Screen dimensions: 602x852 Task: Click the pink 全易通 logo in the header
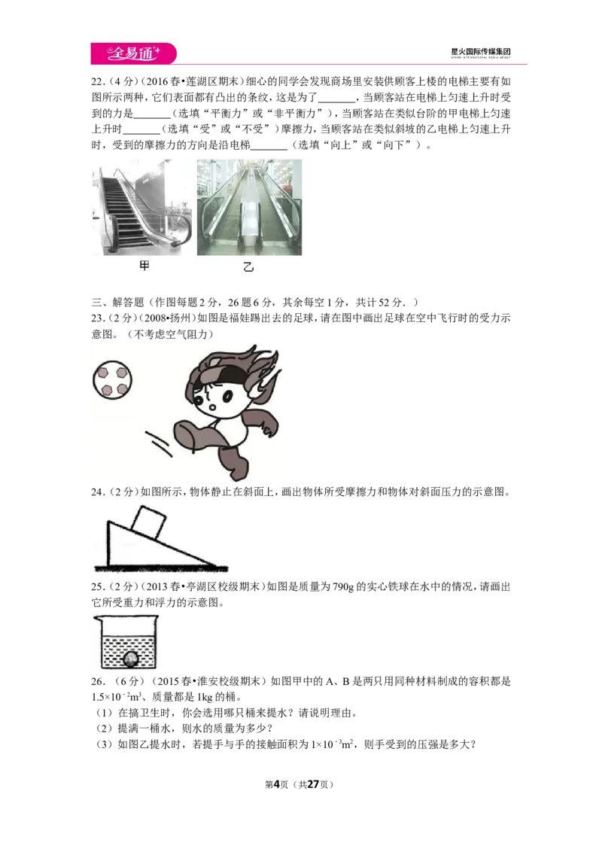134,53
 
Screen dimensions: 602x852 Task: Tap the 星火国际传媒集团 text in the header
480,52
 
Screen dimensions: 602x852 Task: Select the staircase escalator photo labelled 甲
142,207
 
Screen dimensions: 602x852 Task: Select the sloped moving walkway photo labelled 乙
249,207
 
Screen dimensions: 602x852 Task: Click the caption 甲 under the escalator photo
144,266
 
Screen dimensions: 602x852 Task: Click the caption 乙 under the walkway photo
248,266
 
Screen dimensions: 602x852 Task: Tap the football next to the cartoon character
112,379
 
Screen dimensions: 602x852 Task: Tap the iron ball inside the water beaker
130,659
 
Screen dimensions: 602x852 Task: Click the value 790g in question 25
343,587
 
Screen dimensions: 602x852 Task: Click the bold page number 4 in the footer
276,784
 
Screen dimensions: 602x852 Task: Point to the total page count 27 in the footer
313,784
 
